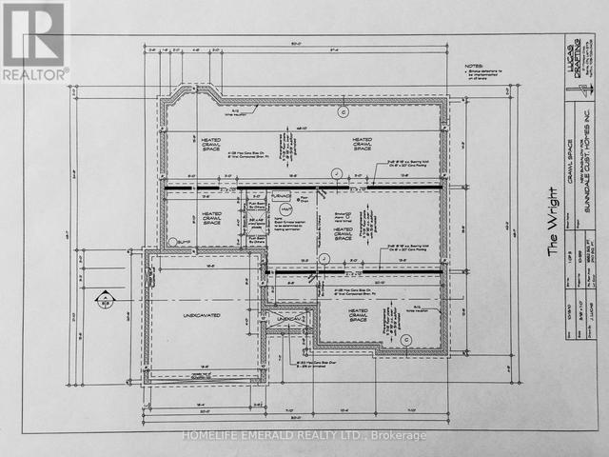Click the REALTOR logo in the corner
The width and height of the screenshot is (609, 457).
click(x=34, y=40)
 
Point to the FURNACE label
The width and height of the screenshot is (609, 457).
click(x=282, y=196)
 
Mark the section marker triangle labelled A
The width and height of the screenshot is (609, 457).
click(x=99, y=301)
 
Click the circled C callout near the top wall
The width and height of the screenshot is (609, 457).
click(x=344, y=111)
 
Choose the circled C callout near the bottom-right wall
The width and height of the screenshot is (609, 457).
click(x=405, y=339)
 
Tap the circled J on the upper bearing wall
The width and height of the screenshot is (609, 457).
click(x=335, y=172)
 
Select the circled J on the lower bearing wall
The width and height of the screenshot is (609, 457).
click(x=324, y=258)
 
